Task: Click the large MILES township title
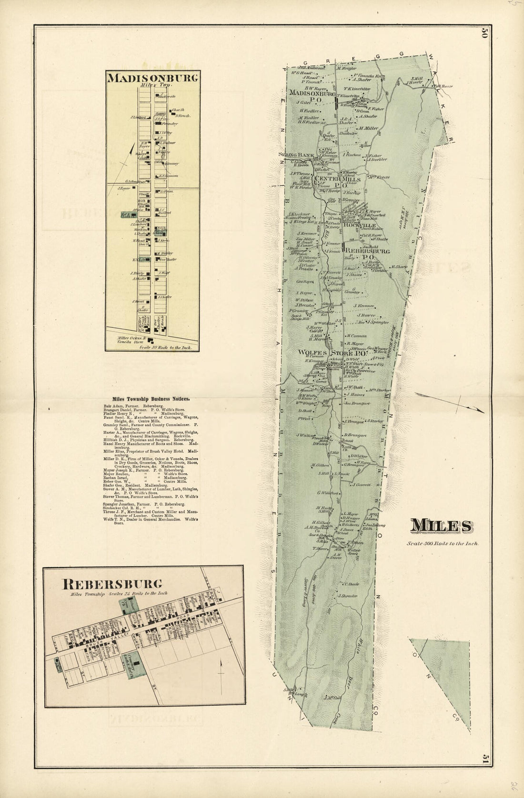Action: pyautogui.click(x=441, y=526)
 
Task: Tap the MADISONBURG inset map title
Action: pyautogui.click(x=152, y=78)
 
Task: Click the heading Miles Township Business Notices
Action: pyautogui.click(x=151, y=399)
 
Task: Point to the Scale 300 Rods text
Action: pyautogui.click(x=443, y=543)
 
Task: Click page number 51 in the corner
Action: pyautogui.click(x=485, y=758)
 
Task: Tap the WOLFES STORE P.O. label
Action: pyautogui.click(x=332, y=353)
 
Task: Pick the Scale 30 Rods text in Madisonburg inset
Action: pyautogui.click(x=166, y=348)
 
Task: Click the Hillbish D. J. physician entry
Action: pyautogui.click(x=143, y=439)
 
